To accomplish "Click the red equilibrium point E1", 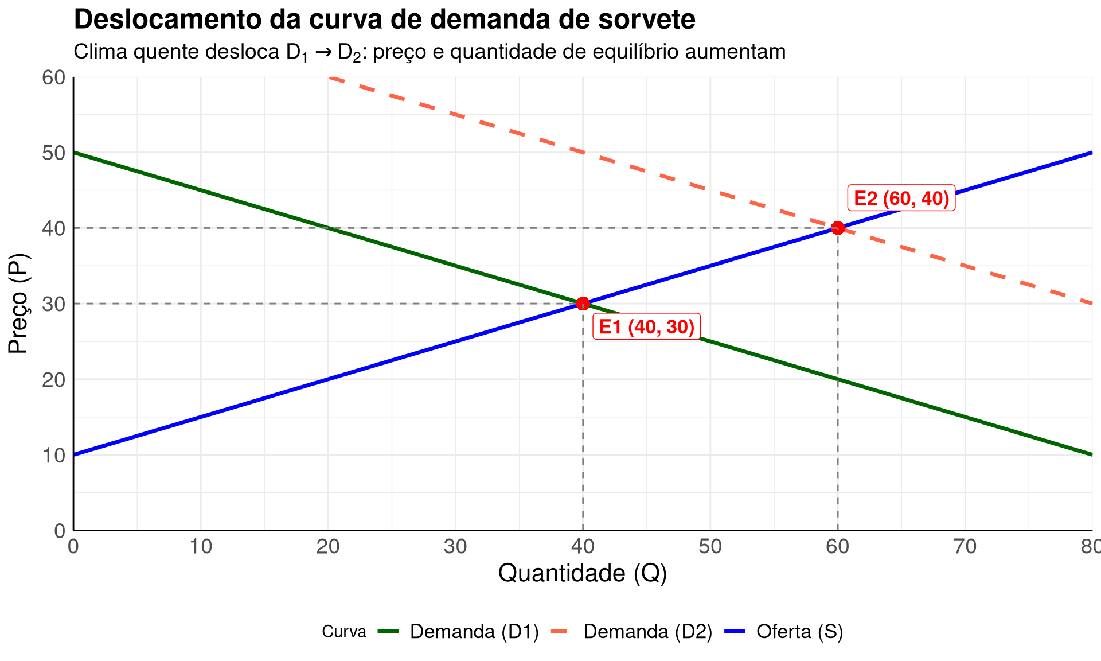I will pos(583,304).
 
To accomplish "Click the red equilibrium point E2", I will pos(838,228).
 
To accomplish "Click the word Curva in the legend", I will pos(344,632).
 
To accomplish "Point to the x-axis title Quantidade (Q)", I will pos(583,573).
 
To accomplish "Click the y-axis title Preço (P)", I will pos(18,304).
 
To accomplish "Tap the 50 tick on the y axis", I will pos(54,153).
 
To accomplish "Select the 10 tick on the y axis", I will pos(54,455).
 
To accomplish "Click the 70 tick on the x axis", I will pos(965,547).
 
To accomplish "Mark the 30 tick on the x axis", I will pos(455,547).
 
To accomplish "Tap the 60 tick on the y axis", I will pos(54,77).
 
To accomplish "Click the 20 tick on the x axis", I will pos(328,547).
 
